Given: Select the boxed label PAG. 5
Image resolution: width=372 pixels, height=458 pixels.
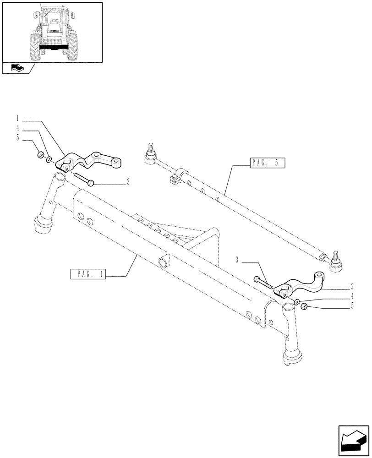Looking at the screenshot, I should click(268, 162).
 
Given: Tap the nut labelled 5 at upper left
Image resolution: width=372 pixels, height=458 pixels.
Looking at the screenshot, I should click(41, 154).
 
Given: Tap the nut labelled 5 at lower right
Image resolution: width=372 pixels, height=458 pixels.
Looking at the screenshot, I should click(303, 305).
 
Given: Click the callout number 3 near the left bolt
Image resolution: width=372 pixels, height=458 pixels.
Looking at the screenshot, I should click(128, 182).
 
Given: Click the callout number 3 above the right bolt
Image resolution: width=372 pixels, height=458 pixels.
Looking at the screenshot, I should click(237, 260).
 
